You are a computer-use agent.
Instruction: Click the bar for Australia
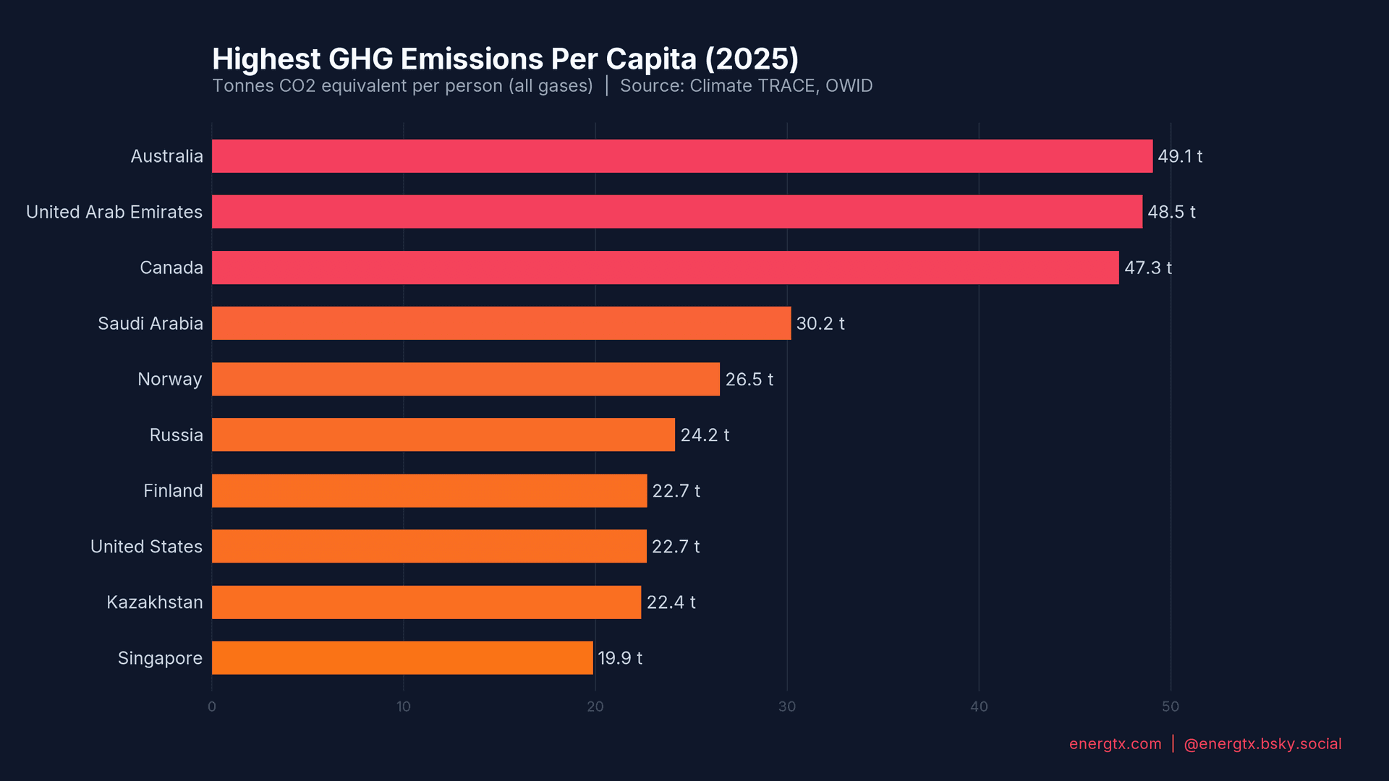tap(681, 156)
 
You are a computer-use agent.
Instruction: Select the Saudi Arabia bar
tap(501, 323)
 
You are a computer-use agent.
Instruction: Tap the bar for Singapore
tap(402, 658)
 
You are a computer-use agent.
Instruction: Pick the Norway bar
tap(465, 379)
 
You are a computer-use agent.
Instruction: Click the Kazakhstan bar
tap(426, 602)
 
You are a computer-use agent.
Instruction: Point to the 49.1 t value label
tap(1179, 156)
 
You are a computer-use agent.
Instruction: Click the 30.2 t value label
tap(820, 323)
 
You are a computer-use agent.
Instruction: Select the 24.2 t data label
tap(704, 435)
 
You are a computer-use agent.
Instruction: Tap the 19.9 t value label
tap(619, 658)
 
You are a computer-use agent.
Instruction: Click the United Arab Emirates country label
tap(114, 212)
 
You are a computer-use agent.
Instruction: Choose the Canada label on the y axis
tap(171, 268)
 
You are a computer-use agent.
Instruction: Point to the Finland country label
tap(173, 491)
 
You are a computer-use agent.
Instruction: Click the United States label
tap(146, 547)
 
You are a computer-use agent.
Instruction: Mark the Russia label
tap(176, 435)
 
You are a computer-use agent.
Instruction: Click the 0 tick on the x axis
tap(212, 707)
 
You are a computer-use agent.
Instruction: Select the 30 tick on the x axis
tap(787, 707)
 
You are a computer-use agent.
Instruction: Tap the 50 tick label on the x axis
tap(1170, 707)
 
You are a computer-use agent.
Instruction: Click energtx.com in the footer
tap(1115, 744)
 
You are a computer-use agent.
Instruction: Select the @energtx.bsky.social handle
tap(1262, 744)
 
